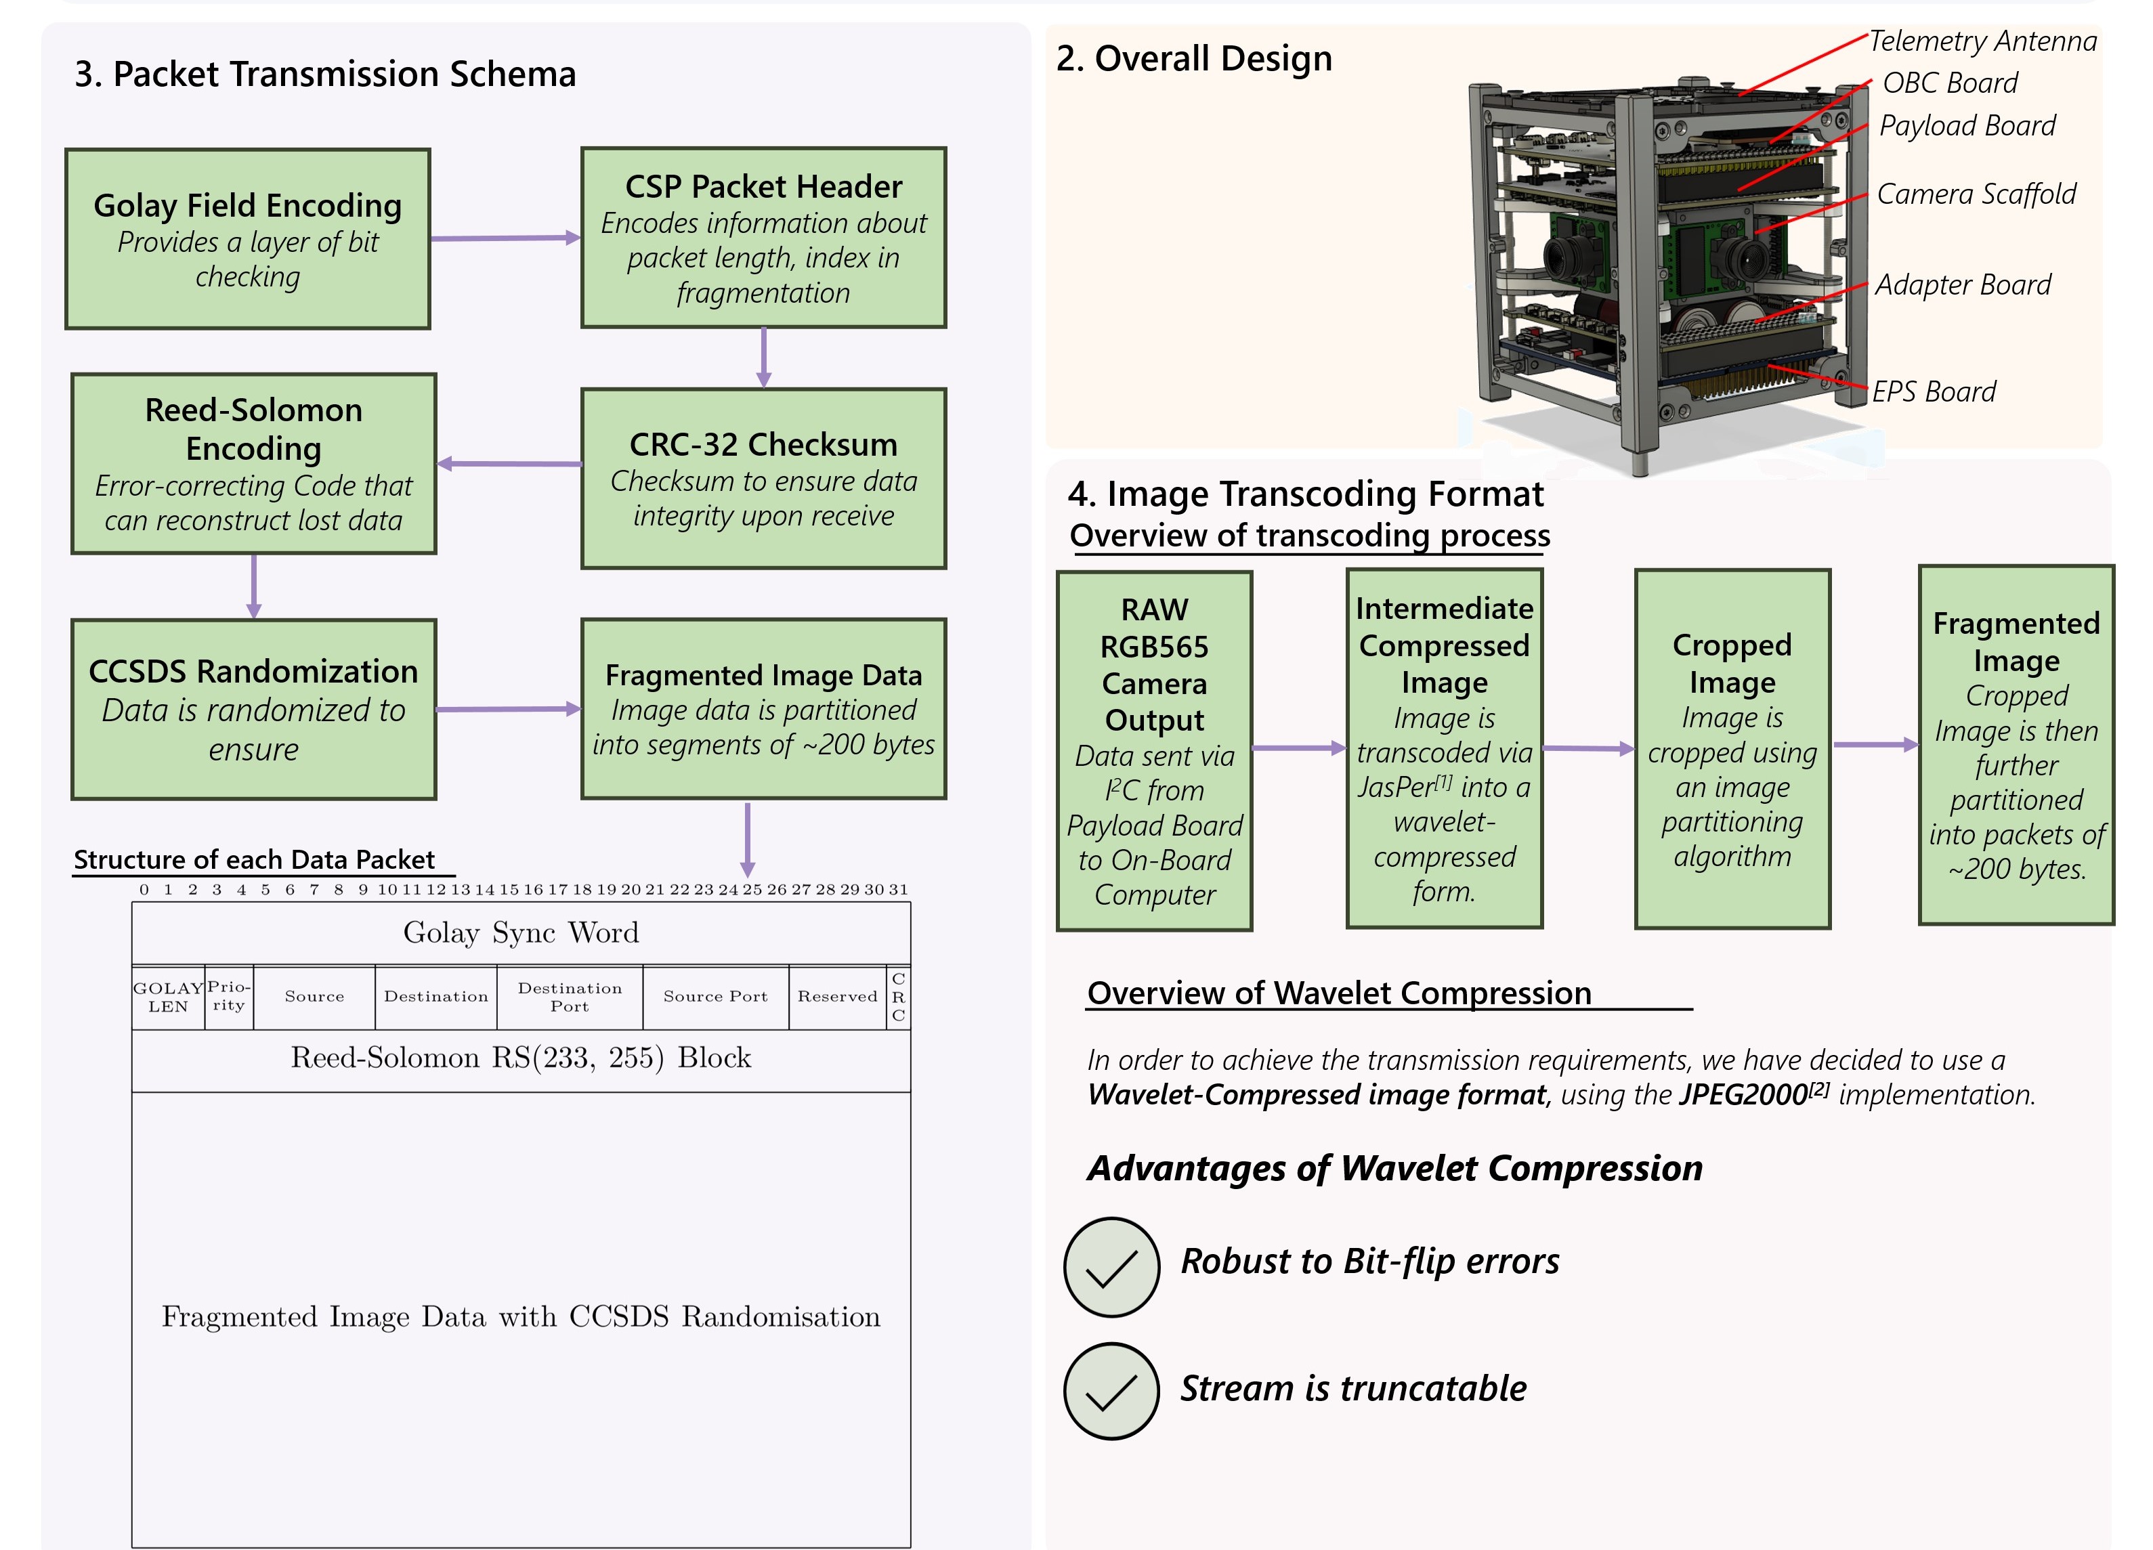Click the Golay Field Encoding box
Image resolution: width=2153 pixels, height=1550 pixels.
[x=248, y=239]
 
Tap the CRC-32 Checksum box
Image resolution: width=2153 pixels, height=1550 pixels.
[x=763, y=478]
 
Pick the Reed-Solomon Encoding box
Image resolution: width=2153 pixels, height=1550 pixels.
[x=253, y=463]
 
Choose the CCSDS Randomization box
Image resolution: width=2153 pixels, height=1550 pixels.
[x=253, y=709]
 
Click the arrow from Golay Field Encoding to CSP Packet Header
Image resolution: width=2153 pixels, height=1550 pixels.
[x=505, y=238]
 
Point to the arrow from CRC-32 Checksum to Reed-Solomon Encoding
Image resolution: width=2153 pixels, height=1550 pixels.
[x=510, y=464]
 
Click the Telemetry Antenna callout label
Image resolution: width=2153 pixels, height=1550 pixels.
[x=1982, y=41]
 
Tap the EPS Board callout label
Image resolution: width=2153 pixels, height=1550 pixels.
[x=1933, y=391]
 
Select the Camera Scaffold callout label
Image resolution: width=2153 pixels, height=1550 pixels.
[x=1976, y=194]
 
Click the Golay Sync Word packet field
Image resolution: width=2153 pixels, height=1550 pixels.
[x=521, y=933]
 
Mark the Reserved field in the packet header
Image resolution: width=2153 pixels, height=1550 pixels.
[x=836, y=997]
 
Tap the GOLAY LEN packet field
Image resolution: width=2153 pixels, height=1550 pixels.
[x=168, y=997]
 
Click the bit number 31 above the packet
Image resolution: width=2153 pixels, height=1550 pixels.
[x=898, y=889]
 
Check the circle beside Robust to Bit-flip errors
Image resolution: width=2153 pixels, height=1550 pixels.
[x=1111, y=1267]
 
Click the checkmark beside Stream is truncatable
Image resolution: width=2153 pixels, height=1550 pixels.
[x=1111, y=1392]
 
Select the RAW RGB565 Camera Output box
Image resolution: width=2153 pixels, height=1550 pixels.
[x=1154, y=750]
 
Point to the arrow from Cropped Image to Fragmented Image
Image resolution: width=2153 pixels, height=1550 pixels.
[x=1875, y=745]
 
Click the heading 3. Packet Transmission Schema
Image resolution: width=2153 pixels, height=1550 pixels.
[x=324, y=74]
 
